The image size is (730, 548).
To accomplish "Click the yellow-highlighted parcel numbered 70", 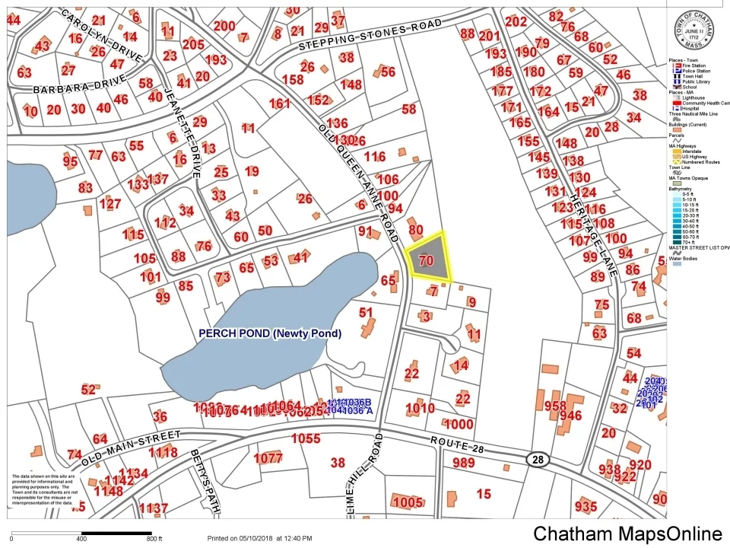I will [x=427, y=259].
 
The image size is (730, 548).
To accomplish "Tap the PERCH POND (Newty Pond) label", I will [x=270, y=333].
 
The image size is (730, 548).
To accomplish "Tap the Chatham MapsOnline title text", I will [x=628, y=534].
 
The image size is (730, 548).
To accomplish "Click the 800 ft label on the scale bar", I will [x=155, y=539].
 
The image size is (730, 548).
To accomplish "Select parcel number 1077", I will [x=268, y=458].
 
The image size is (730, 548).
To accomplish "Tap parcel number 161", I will [x=279, y=104].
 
